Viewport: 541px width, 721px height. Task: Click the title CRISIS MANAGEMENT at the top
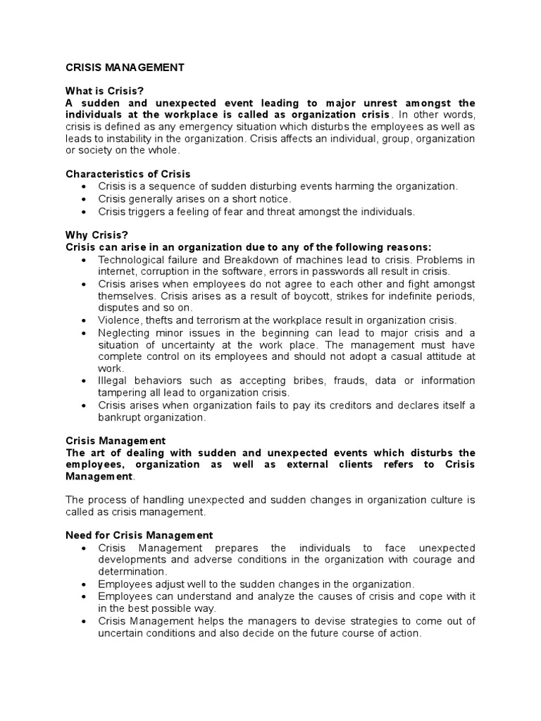pyautogui.click(x=125, y=68)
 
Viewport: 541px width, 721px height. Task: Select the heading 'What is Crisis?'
pyautogui.click(x=104, y=92)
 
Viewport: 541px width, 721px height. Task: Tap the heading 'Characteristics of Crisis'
pyautogui.click(x=128, y=174)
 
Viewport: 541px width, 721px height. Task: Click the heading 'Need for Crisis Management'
pyautogui.click(x=139, y=536)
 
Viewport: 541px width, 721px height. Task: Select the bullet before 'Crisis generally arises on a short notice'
pyautogui.click(x=85, y=199)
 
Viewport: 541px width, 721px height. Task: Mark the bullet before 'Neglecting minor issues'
pyautogui.click(x=85, y=332)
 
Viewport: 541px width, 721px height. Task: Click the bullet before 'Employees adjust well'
pyautogui.click(x=85, y=584)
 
